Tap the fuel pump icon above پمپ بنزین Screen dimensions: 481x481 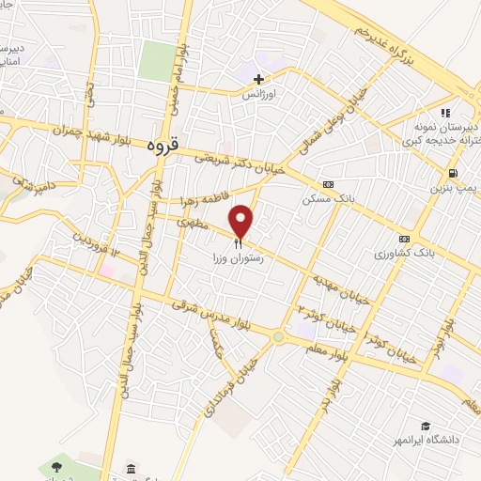455,174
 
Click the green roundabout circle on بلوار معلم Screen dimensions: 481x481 278,336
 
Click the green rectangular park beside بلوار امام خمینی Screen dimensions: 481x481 157,59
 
